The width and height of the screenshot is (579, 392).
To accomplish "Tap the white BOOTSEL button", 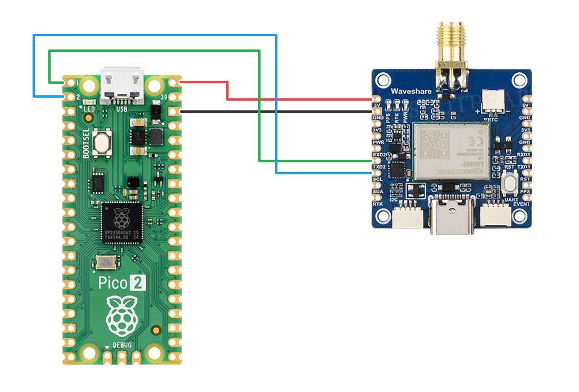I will click(x=103, y=143).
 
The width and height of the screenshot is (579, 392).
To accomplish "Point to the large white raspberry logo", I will click(x=122, y=316).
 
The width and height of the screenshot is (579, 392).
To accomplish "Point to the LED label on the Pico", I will click(x=89, y=109).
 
